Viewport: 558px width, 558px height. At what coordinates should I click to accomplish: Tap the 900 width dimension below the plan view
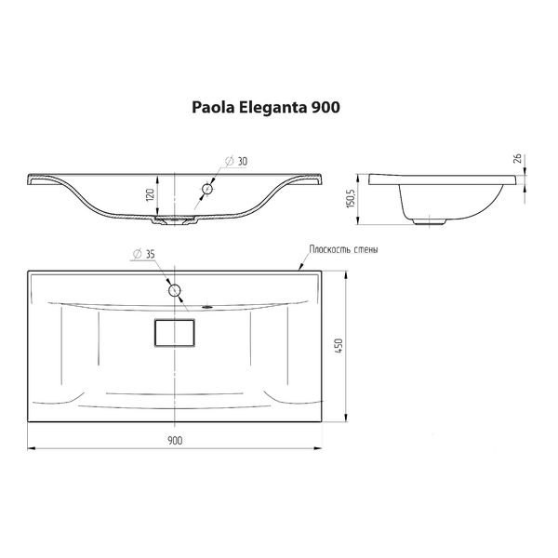[174, 439]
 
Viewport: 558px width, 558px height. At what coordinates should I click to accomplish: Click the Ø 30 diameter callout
[237, 161]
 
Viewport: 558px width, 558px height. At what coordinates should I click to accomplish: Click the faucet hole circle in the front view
[207, 190]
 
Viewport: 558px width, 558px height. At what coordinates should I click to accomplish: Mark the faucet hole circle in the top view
[174, 290]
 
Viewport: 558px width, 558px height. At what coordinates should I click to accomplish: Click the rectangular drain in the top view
[174, 332]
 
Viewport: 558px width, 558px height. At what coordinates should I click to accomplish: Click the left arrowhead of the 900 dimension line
[31, 448]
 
